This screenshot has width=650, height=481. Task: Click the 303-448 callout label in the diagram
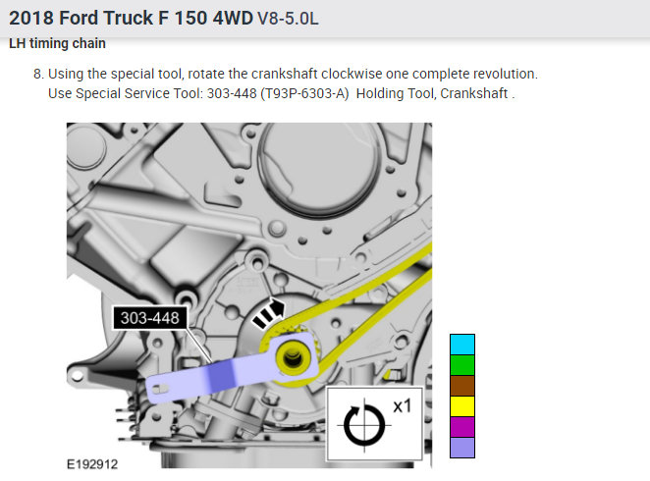pyautogui.click(x=150, y=318)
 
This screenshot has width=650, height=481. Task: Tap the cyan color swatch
pyautogui.click(x=461, y=345)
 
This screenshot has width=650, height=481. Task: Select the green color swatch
pyautogui.click(x=461, y=365)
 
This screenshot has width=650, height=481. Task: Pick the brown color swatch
pyautogui.click(x=461, y=386)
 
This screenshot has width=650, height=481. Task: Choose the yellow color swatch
pyautogui.click(x=461, y=406)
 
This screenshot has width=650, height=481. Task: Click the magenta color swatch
pyautogui.click(x=461, y=427)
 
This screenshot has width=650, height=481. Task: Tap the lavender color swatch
pyautogui.click(x=461, y=448)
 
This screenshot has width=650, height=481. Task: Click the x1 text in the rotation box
pyautogui.click(x=402, y=404)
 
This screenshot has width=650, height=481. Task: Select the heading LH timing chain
pyautogui.click(x=57, y=43)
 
